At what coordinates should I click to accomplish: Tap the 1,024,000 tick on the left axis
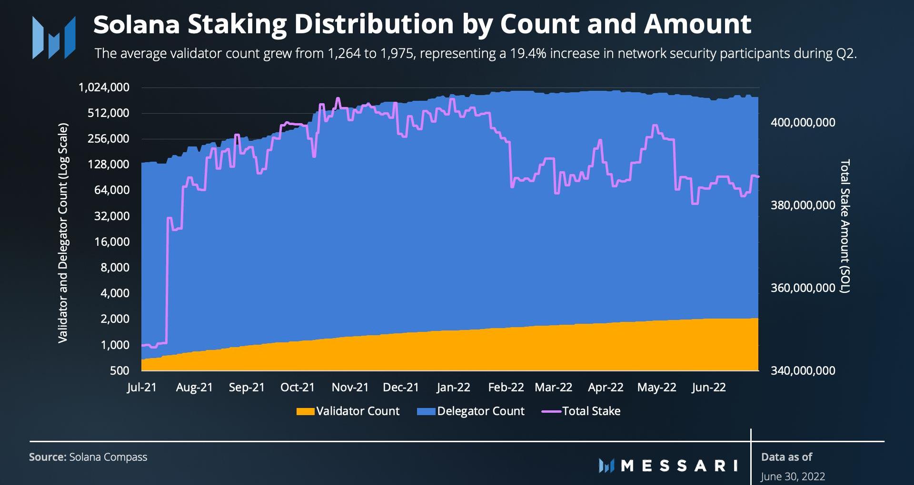(104, 87)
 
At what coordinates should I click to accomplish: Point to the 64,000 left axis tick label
(112, 190)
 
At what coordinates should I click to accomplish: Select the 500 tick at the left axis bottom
(119, 370)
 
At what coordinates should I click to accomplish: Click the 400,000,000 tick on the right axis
(803, 123)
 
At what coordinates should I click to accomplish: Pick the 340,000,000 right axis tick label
(803, 370)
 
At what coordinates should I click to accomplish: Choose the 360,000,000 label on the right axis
(803, 288)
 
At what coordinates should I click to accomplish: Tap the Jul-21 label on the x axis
(142, 388)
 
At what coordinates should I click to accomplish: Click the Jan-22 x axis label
(453, 388)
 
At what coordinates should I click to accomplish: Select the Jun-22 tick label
(709, 388)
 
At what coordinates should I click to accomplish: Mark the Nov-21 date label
(350, 388)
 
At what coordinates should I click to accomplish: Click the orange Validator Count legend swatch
(305, 411)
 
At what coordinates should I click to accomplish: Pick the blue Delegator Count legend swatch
(426, 411)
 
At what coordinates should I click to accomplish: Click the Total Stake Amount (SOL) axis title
(844, 226)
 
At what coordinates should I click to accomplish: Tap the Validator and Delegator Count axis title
(63, 233)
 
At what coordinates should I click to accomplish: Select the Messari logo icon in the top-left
(54, 38)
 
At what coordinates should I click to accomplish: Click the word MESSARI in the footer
(680, 466)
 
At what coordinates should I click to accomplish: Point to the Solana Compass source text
(108, 457)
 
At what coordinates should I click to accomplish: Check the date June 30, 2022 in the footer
(793, 476)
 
